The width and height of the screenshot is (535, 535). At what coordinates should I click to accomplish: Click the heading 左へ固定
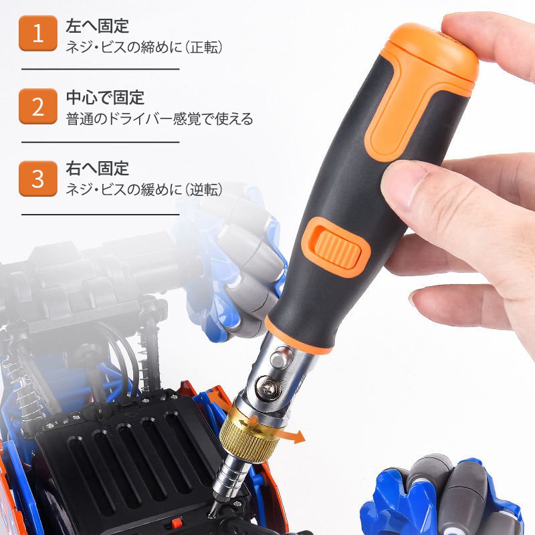pos(98,27)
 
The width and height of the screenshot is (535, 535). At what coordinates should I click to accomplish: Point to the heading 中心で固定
pos(106,99)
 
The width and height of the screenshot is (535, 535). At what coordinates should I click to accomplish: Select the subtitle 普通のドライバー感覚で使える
pos(159,120)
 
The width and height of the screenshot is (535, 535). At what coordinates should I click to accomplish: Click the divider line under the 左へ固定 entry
pos(100,69)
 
